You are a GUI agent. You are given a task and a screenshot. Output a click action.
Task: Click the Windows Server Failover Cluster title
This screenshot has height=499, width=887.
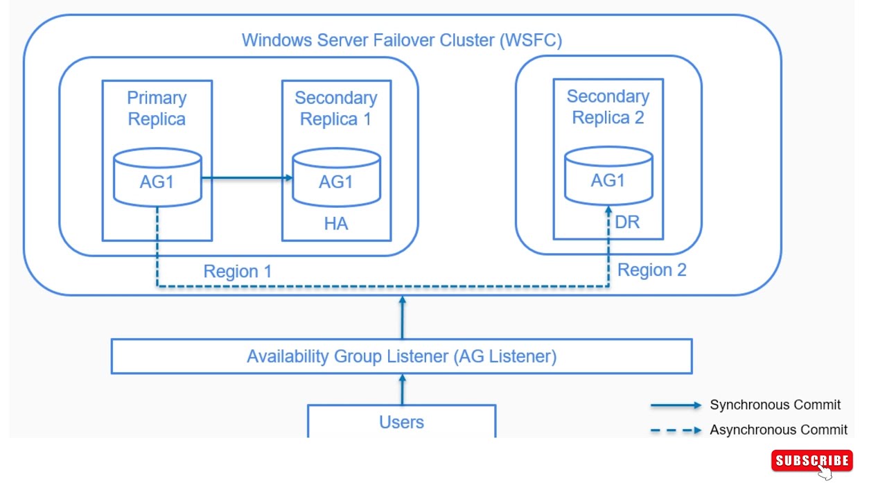(401, 40)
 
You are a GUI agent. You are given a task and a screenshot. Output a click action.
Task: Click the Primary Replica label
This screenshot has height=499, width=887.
(157, 108)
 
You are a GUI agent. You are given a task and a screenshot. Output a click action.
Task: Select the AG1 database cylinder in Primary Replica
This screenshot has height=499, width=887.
(157, 179)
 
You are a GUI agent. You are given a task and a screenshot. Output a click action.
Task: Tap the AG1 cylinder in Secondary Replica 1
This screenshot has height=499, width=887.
(336, 179)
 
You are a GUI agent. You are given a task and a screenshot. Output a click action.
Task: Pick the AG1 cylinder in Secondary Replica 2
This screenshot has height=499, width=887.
(608, 177)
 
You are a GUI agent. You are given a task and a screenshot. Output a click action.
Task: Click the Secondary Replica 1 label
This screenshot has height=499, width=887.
(336, 108)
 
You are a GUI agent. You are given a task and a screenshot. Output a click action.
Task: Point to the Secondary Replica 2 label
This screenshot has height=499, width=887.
(608, 107)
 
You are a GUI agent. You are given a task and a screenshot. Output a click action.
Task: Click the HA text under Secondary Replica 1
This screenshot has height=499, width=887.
(336, 224)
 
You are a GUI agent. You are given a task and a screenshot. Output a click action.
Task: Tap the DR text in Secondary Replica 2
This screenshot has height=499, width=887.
(627, 222)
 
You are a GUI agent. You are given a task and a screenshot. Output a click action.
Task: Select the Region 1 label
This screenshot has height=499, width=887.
(238, 271)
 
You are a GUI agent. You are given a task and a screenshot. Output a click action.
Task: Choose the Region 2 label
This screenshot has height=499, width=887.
(651, 270)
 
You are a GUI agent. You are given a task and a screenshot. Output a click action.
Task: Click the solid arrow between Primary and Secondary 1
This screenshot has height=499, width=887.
(246, 178)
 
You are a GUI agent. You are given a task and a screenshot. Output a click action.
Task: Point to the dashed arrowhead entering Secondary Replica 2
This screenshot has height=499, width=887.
(608, 211)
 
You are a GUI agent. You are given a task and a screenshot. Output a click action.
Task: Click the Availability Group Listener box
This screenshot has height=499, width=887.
(401, 356)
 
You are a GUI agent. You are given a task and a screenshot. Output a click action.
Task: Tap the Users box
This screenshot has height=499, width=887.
(401, 421)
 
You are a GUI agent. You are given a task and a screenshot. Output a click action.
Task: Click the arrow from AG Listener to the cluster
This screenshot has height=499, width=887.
(402, 317)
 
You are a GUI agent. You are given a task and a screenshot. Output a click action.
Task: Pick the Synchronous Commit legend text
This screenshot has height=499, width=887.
(775, 405)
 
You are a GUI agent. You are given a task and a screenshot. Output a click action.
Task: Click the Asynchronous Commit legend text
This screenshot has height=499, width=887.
(778, 430)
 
